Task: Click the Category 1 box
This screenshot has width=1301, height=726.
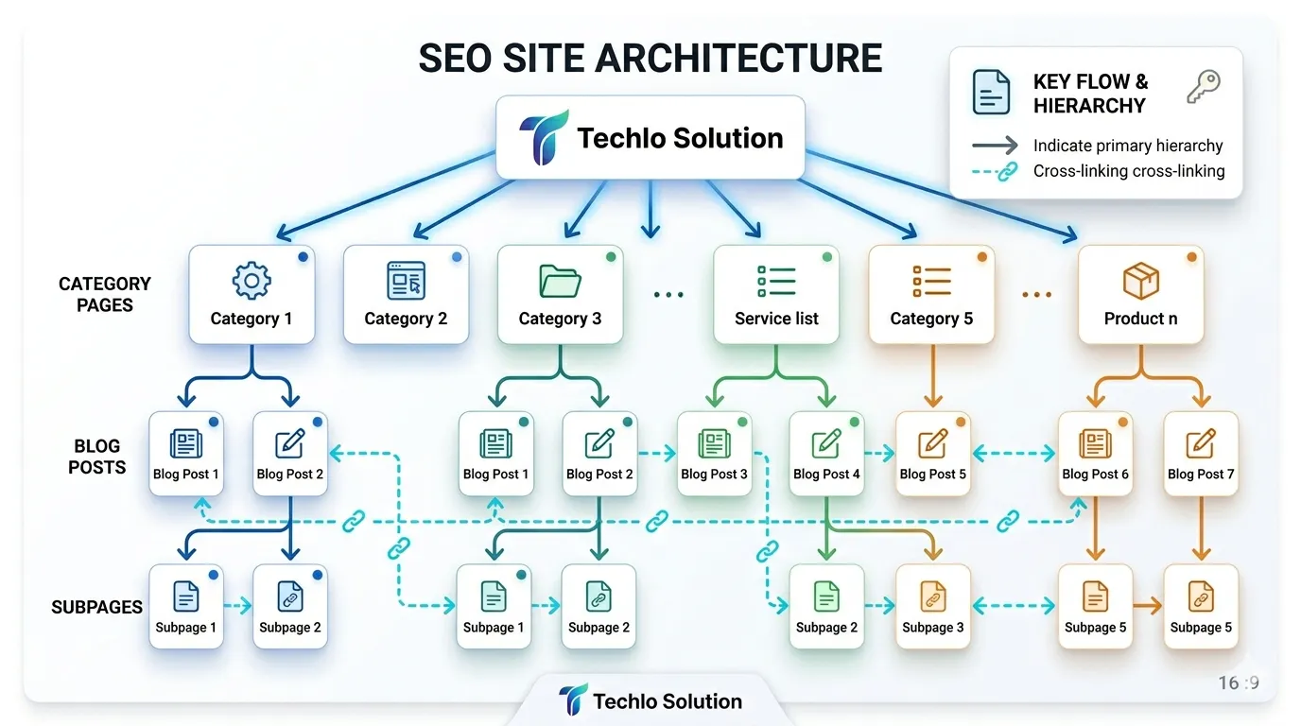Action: pyautogui.click(x=252, y=294)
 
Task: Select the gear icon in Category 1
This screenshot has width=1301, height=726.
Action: pyautogui.click(x=252, y=281)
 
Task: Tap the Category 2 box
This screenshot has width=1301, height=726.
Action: pyautogui.click(x=406, y=294)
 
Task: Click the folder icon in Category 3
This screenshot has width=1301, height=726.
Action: pyautogui.click(x=560, y=281)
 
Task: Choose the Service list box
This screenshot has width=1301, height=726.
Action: pyautogui.click(x=776, y=294)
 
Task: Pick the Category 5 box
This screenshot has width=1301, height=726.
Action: pyautogui.click(x=931, y=294)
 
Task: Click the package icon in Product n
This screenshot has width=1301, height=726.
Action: pyautogui.click(x=1140, y=281)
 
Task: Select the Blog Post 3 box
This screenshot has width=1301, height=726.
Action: pyautogui.click(x=714, y=454)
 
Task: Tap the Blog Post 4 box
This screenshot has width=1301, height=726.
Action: pyautogui.click(x=826, y=454)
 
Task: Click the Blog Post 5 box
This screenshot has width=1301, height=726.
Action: pyautogui.click(x=933, y=454)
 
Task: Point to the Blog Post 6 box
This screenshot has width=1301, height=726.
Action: pyautogui.click(x=1095, y=454)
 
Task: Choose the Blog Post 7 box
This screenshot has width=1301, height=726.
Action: pyautogui.click(x=1201, y=454)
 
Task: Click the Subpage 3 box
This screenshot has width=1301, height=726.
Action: pyautogui.click(x=933, y=606)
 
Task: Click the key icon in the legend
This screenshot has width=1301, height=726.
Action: pyautogui.click(x=1203, y=87)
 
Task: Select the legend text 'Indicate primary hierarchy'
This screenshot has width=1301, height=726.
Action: pyautogui.click(x=1128, y=146)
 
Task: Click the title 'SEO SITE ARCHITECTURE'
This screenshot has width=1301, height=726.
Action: pyautogui.click(x=650, y=59)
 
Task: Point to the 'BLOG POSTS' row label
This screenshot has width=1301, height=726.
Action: pyautogui.click(x=97, y=456)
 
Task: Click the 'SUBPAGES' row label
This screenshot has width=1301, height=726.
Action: pyautogui.click(x=96, y=607)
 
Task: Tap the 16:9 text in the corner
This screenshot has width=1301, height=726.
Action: pyautogui.click(x=1239, y=683)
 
